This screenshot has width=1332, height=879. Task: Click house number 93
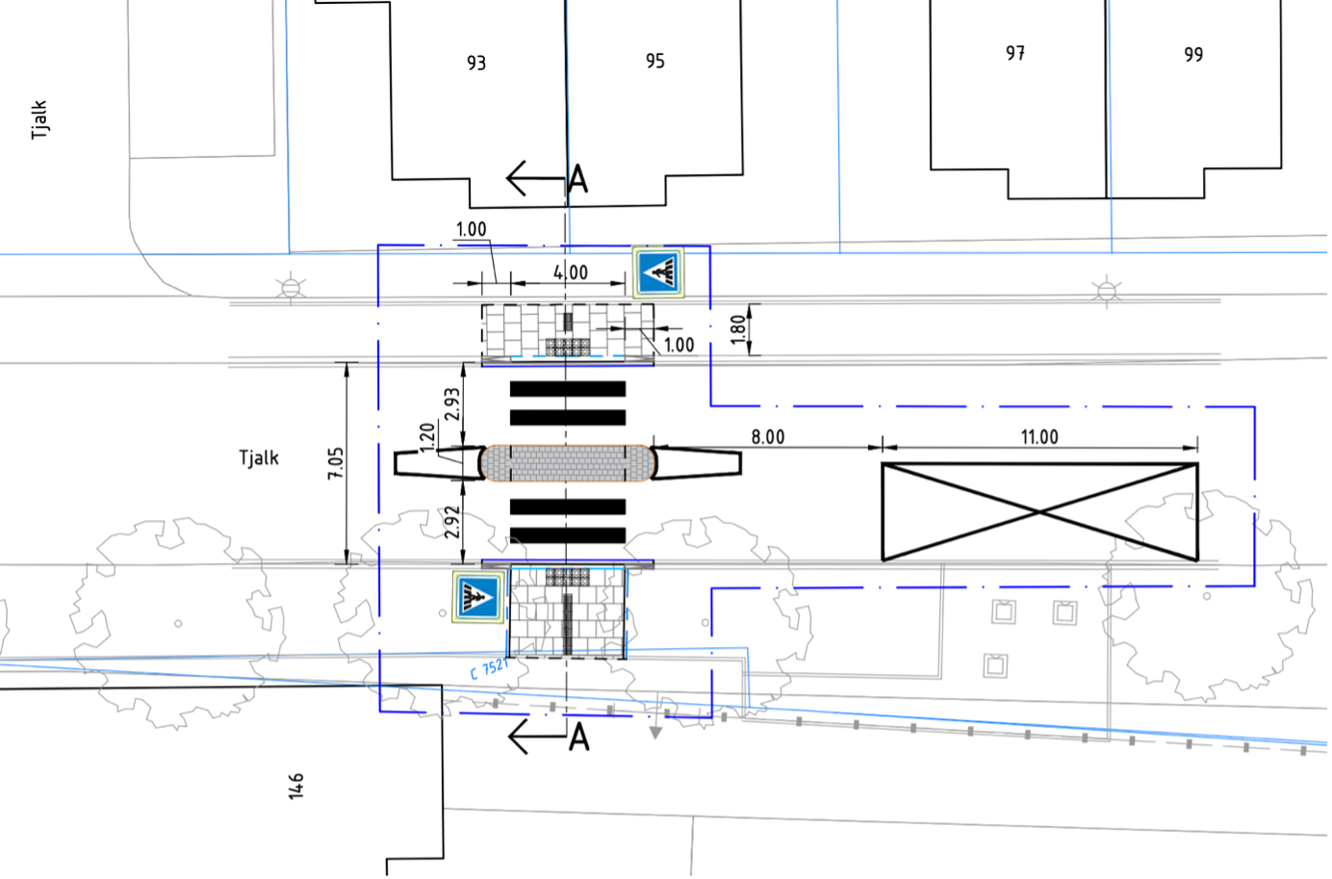click(x=476, y=63)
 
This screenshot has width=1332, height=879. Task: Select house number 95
click(x=655, y=61)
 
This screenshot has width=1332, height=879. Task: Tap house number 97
click(x=1015, y=54)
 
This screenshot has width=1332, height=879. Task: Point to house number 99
click(x=1193, y=55)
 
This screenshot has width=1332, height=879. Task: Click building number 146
click(x=296, y=787)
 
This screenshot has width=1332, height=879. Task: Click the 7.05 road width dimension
click(x=336, y=463)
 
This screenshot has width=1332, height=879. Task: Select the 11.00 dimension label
click(x=1039, y=438)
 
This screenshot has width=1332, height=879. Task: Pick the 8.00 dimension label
click(x=768, y=438)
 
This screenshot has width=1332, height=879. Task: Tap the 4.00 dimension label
click(x=571, y=273)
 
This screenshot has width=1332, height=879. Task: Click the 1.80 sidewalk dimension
click(x=737, y=329)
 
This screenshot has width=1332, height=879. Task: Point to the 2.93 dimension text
click(x=452, y=403)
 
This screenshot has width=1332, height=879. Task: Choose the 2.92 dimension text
click(x=452, y=522)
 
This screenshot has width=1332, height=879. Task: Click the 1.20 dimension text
click(x=427, y=437)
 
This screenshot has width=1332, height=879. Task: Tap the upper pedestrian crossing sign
click(x=657, y=272)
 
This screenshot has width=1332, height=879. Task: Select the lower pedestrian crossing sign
click(x=478, y=597)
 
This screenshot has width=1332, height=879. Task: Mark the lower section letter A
click(x=579, y=737)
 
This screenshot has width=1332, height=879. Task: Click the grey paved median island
click(x=568, y=463)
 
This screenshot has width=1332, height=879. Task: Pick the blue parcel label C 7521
click(x=489, y=668)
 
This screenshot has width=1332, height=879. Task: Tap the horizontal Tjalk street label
click(x=259, y=458)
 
